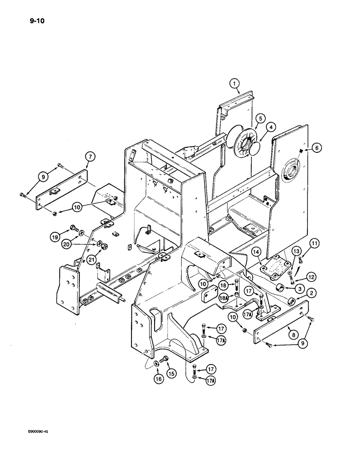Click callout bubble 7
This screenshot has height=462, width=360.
pyautogui.click(x=90, y=158)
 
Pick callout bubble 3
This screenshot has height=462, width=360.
pyautogui.click(x=299, y=288)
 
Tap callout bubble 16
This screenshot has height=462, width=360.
pyautogui.click(x=157, y=379)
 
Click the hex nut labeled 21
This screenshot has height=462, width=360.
pyautogui.click(x=104, y=245)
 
